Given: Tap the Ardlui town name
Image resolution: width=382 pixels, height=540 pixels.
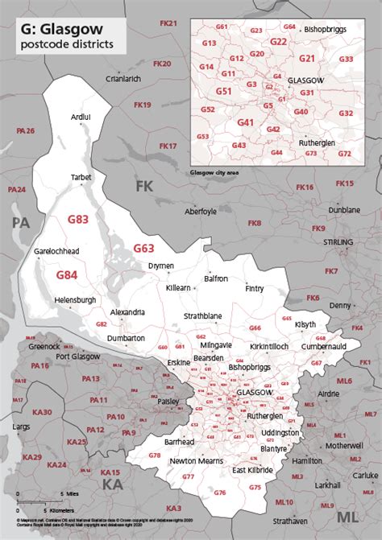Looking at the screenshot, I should point(81,117).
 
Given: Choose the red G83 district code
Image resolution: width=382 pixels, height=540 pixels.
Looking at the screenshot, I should point(79,218).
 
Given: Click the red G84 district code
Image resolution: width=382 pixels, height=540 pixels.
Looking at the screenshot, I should point(67,275).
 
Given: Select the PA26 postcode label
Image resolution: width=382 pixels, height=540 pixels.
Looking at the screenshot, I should point(26,130).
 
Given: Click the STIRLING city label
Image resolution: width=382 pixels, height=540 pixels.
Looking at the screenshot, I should point(338,241).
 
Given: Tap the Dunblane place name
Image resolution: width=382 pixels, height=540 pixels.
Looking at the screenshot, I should point(344,210).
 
